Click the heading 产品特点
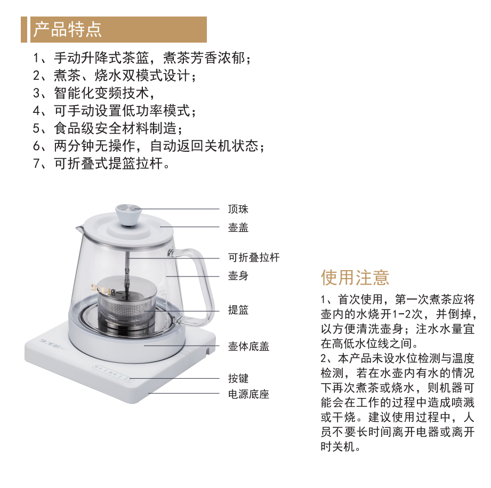67,29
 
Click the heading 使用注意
355,278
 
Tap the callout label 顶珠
238,209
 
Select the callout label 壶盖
238,227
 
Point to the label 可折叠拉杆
254,258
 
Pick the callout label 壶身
238,276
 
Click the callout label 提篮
238,310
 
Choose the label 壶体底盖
248,346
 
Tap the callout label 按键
238,378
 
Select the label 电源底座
248,394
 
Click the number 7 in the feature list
37,164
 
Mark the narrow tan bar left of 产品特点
24,29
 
